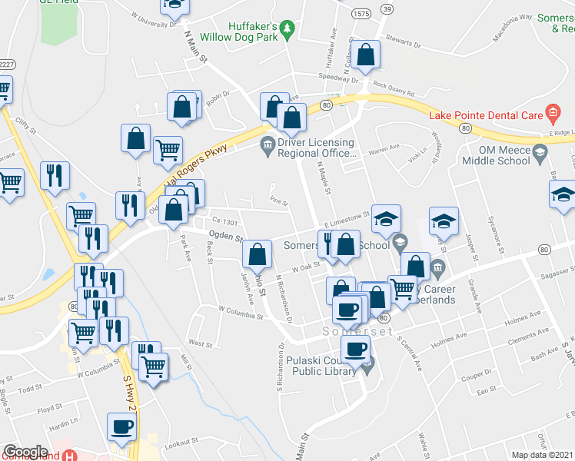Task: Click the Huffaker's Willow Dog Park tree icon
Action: click(x=287, y=29)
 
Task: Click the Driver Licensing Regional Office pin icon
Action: click(x=267, y=142)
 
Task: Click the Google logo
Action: click(x=25, y=452)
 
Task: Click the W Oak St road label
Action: click(x=305, y=267)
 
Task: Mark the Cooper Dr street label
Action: click(x=477, y=376)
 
